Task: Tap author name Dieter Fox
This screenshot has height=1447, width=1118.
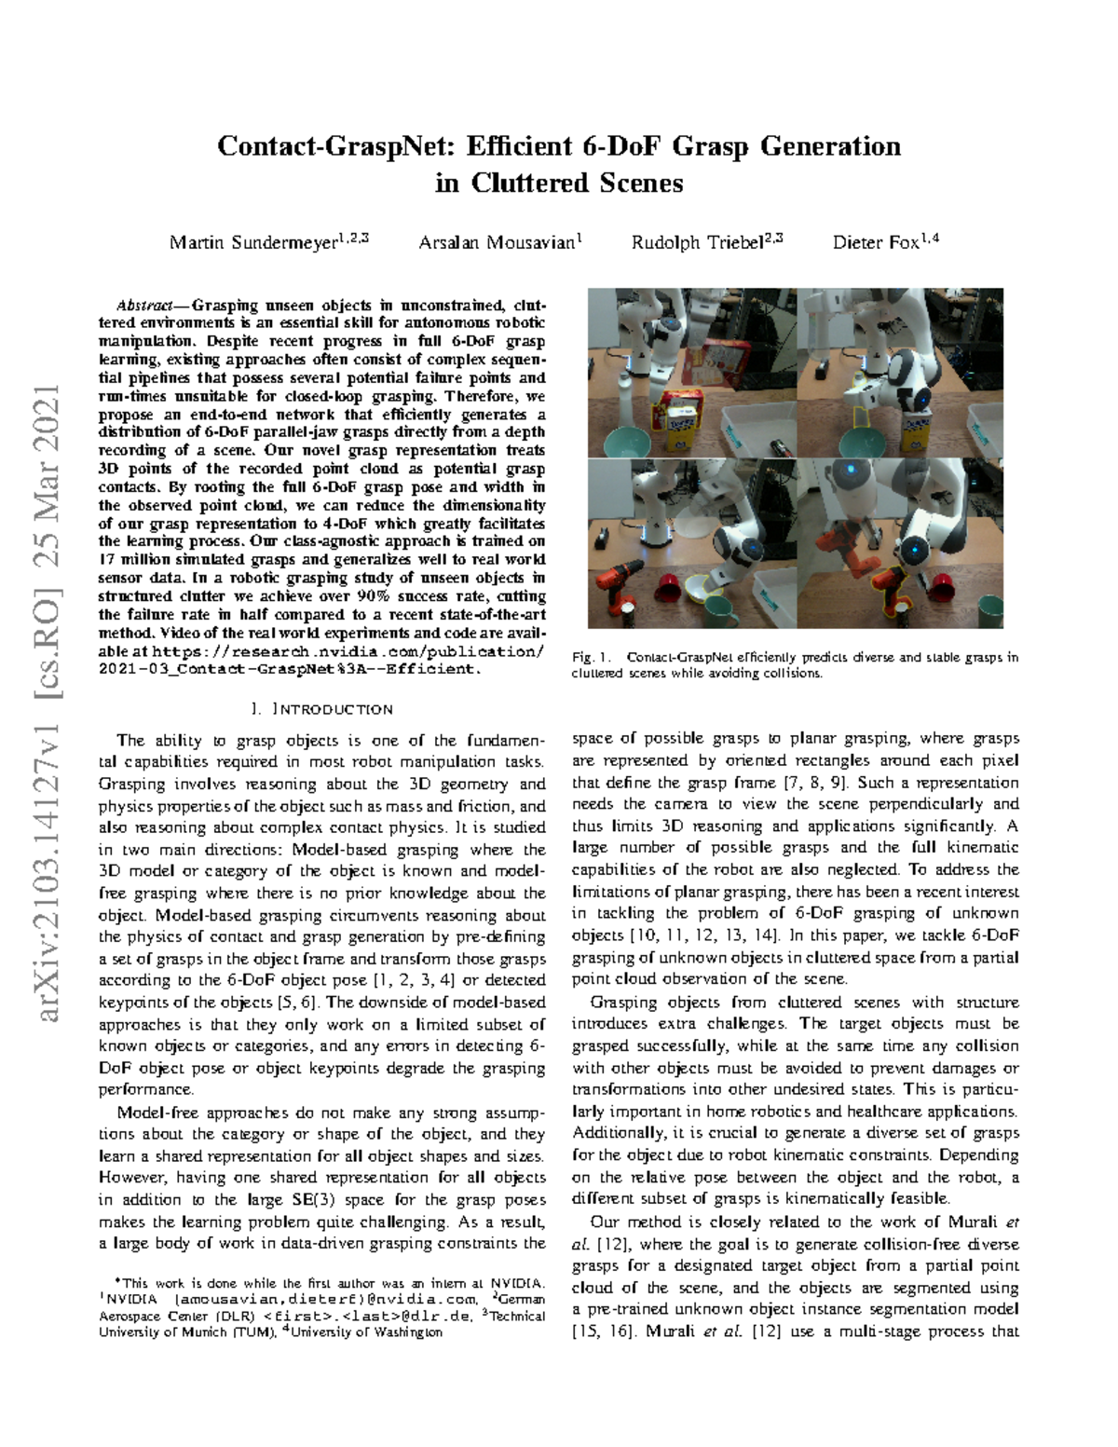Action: pyautogui.click(x=876, y=242)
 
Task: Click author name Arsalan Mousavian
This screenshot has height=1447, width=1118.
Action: pyautogui.click(x=496, y=242)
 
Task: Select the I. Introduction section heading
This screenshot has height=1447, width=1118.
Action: pyautogui.click(x=321, y=709)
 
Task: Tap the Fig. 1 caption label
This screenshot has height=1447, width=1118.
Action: pyautogui.click(x=588, y=658)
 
